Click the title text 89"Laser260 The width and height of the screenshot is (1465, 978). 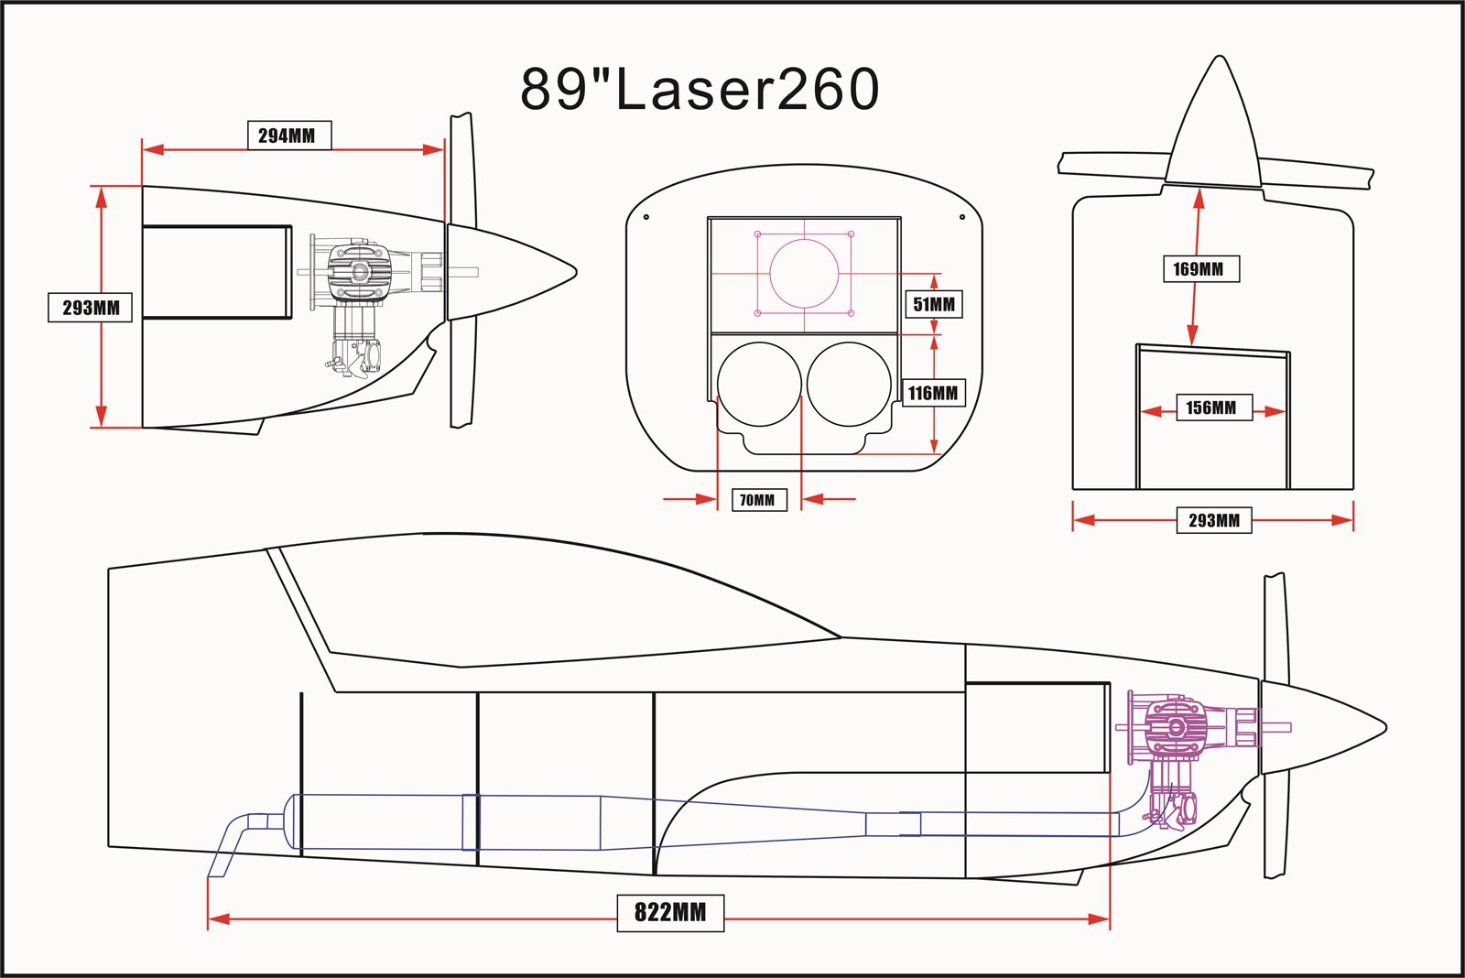click(x=700, y=89)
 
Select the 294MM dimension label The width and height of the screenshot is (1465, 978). click(x=288, y=136)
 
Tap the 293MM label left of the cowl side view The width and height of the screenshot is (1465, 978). click(x=90, y=308)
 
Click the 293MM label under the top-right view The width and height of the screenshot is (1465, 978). click(x=1214, y=520)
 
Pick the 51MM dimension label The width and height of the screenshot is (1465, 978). click(x=934, y=304)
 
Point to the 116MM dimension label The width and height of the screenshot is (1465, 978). click(x=933, y=393)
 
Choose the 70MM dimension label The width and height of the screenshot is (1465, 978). click(x=758, y=500)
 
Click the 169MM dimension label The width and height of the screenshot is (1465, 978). click(x=1199, y=268)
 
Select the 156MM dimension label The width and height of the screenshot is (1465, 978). click(x=1210, y=407)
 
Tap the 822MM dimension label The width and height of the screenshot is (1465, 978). click(x=670, y=912)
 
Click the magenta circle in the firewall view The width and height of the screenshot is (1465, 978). click(x=804, y=273)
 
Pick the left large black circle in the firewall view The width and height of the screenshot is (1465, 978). click(x=759, y=385)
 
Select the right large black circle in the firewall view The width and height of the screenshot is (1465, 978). click(x=849, y=385)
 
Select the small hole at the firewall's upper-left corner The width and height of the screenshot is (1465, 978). click(x=646, y=217)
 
